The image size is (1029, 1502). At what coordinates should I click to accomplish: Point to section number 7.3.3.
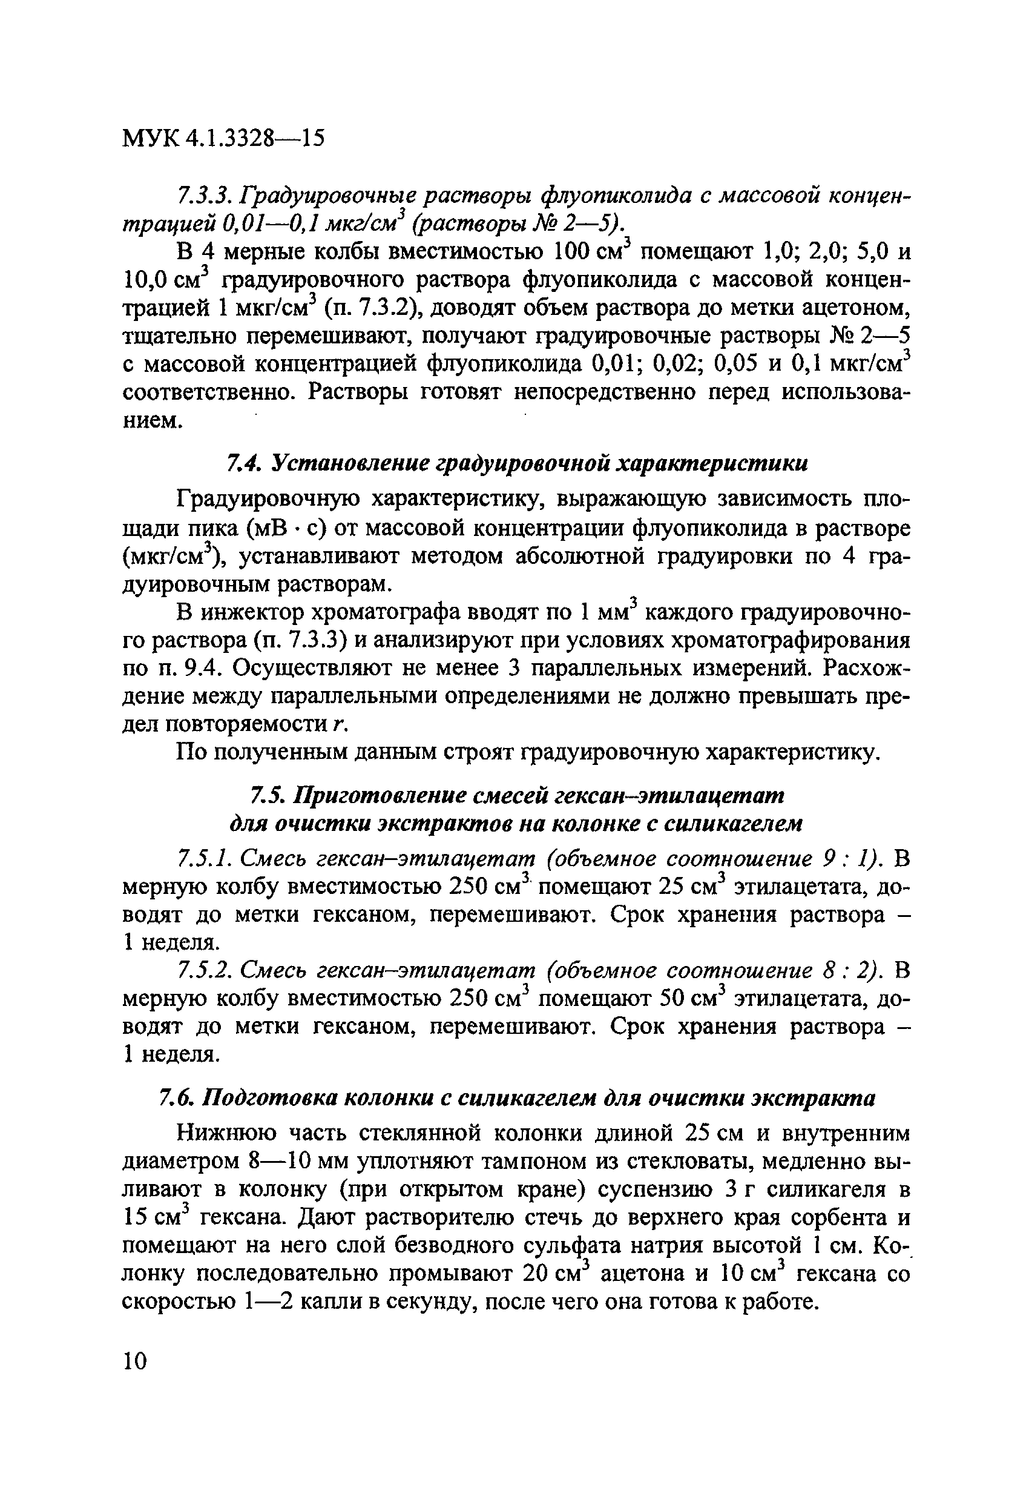coord(203,195)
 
